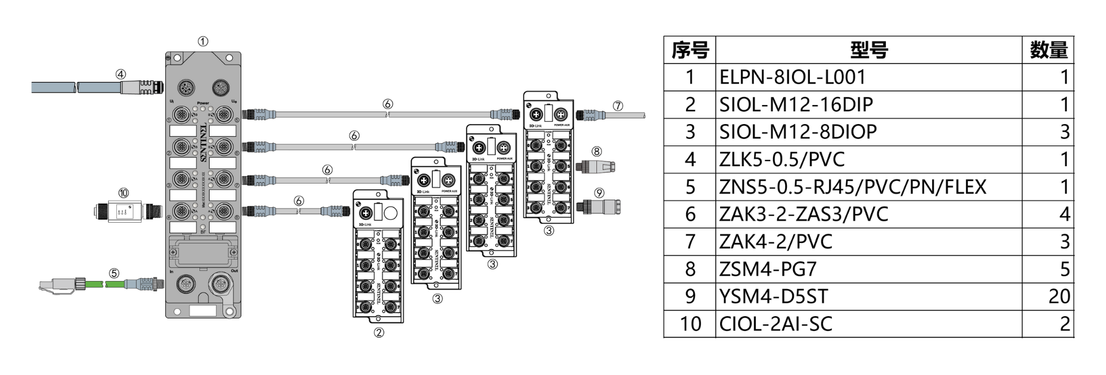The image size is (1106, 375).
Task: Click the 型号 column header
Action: [868, 50]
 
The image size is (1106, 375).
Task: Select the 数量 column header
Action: [1048, 50]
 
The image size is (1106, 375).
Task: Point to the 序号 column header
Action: [690, 50]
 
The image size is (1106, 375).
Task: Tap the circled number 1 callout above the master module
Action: [203, 42]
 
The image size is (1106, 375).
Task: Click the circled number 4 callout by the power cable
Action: [120, 74]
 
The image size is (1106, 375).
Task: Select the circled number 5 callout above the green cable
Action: [114, 273]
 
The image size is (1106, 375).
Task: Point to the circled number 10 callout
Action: [123, 193]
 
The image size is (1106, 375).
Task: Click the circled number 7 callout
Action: [618, 106]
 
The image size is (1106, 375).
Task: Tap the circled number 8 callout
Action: [597, 151]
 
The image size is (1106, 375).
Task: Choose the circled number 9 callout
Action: [600, 193]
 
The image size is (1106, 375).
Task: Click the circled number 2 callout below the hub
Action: [378, 332]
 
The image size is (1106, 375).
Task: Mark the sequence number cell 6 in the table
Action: [690, 215]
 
